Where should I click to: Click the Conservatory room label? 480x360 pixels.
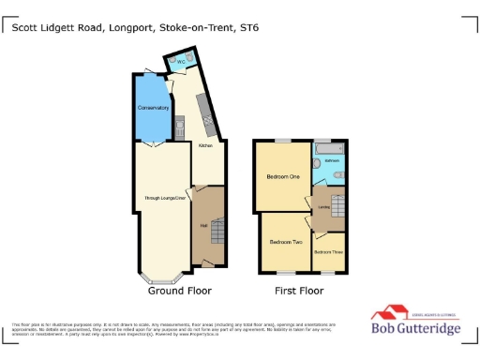[151, 108]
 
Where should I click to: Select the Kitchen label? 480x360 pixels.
[205, 146]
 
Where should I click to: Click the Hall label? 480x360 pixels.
[202, 225]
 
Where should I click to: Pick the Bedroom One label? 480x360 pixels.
[282, 177]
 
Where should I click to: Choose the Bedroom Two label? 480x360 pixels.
[285, 242]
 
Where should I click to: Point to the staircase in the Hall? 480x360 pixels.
[215, 231]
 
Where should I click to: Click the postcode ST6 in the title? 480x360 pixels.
[249, 28]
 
